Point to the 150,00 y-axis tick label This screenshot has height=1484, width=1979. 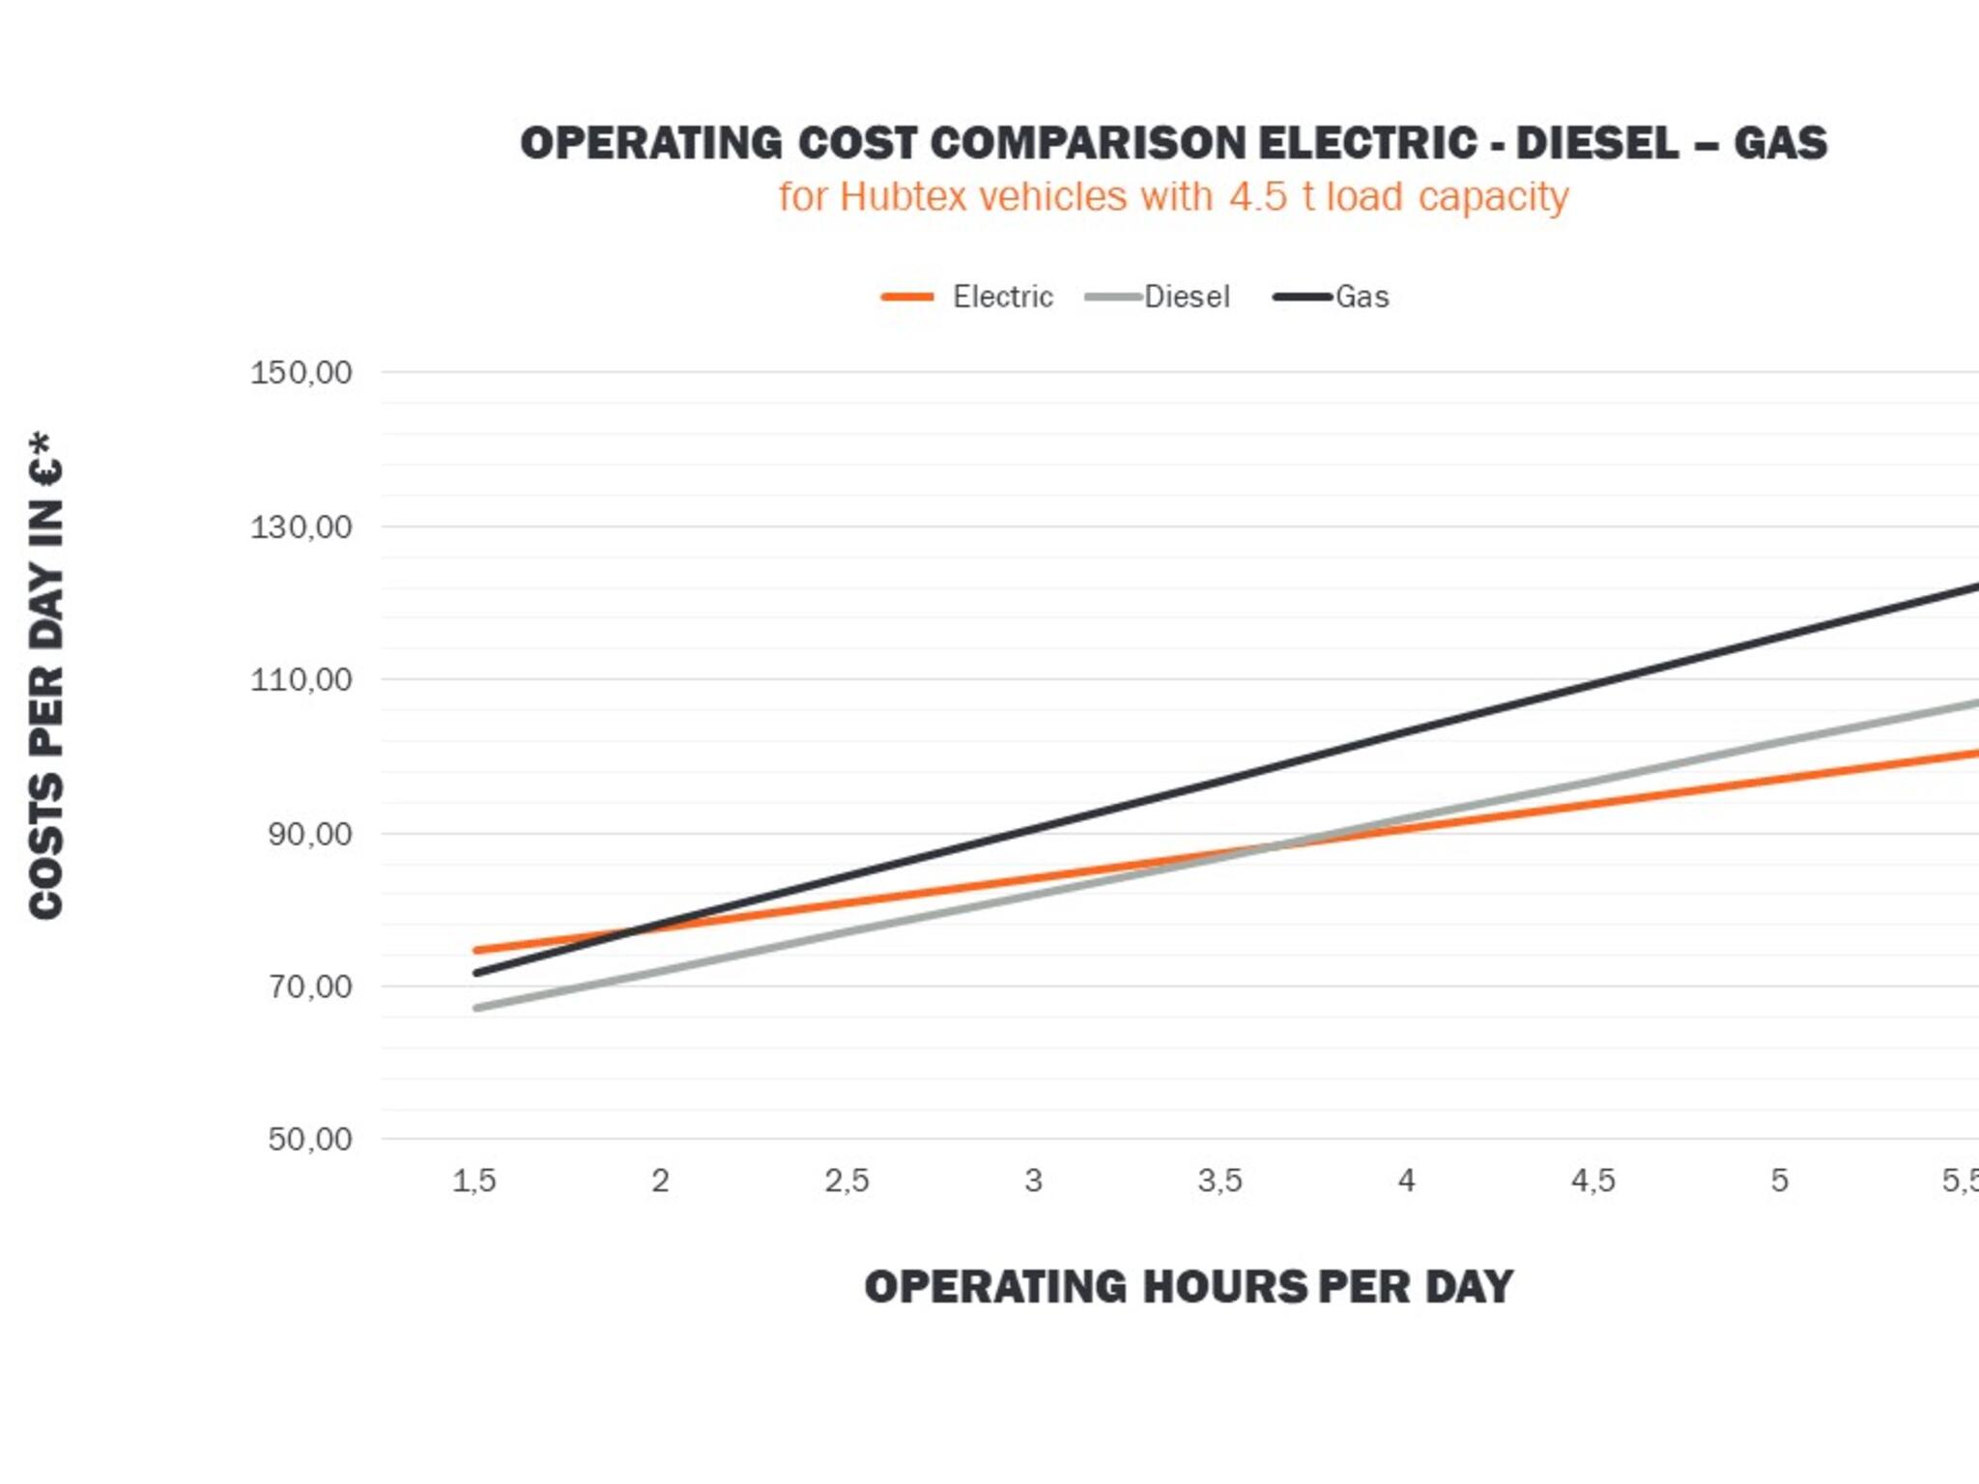point(301,373)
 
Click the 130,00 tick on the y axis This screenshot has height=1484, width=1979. point(301,528)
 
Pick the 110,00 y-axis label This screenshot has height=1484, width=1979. point(301,680)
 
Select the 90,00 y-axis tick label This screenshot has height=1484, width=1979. point(310,834)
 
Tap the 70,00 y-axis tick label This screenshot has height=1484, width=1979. point(310,986)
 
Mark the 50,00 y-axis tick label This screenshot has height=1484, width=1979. point(310,1139)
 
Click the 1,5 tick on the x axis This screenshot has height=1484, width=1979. point(474,1181)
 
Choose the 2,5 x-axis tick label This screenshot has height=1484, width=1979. point(847,1181)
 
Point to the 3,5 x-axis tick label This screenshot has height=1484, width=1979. point(1220,1181)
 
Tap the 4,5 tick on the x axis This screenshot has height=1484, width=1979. point(1593,1181)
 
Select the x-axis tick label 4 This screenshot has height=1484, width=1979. point(1407,1181)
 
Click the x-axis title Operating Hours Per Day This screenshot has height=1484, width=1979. point(1189,1287)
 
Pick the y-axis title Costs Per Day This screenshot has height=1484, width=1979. point(46,676)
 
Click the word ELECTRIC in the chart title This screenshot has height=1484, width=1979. point(1367,143)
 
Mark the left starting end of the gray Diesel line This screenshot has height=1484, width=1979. point(476,1009)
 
